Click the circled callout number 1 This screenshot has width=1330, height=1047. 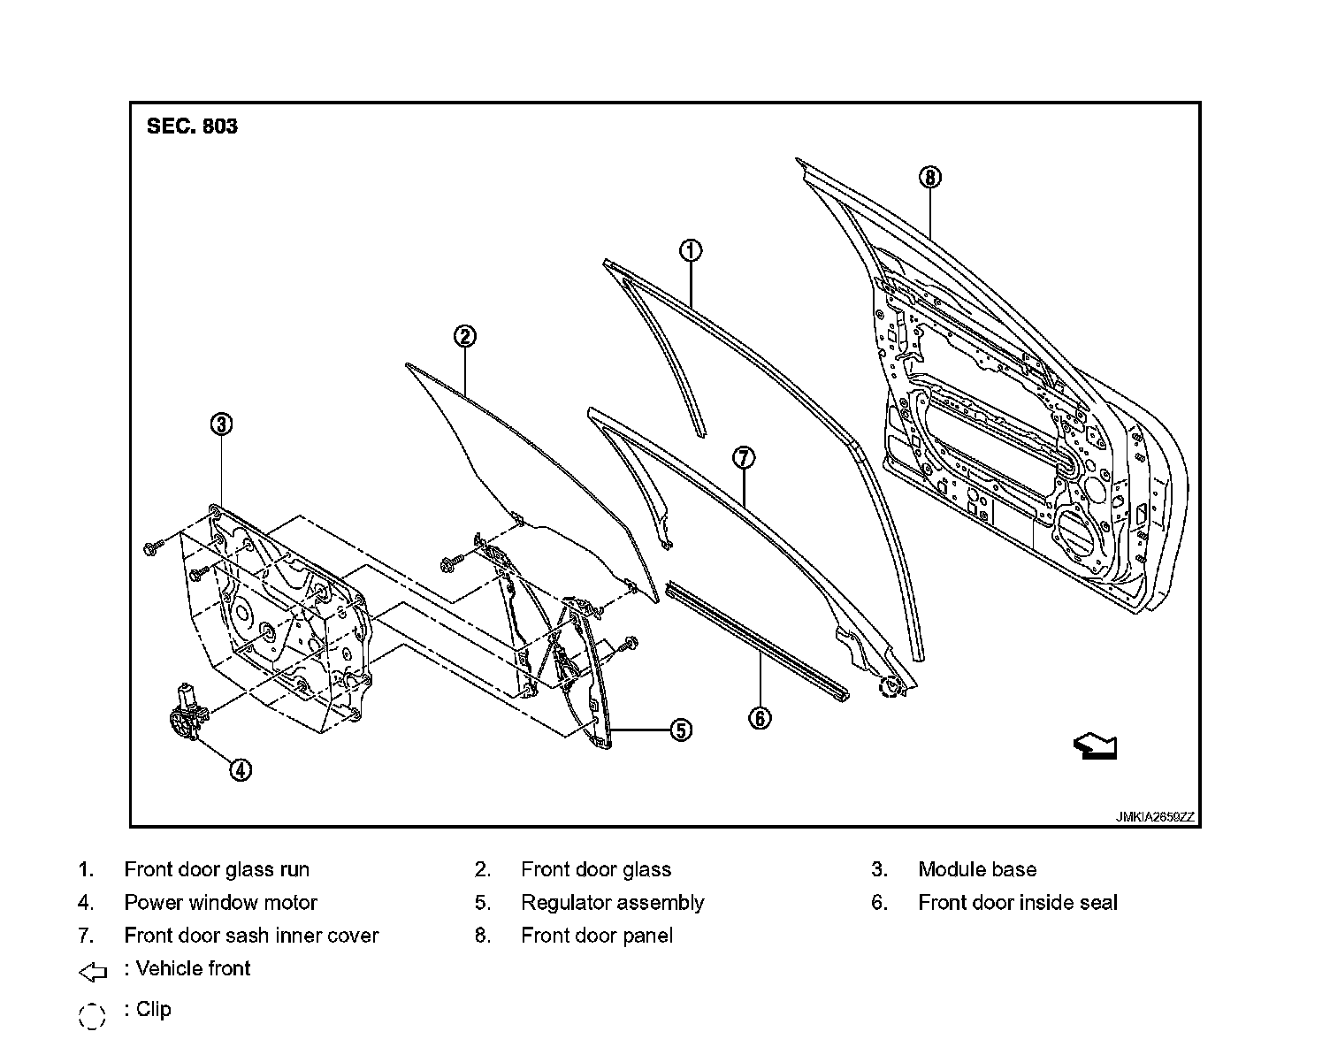691,250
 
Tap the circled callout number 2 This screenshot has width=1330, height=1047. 465,336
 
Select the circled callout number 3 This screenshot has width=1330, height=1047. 221,424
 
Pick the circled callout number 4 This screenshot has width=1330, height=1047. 241,770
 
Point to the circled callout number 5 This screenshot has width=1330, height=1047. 680,730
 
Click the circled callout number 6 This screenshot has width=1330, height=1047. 760,718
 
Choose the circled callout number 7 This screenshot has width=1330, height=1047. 744,457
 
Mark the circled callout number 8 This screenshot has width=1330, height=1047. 930,177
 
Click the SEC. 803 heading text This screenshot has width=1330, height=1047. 192,126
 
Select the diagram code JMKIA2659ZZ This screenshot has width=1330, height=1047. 1154,817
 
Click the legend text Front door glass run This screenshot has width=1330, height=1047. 217,869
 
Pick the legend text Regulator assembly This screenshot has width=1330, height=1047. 612,903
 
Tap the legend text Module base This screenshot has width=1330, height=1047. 977,869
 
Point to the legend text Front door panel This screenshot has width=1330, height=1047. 597,936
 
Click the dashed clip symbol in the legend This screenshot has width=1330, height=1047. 92,1016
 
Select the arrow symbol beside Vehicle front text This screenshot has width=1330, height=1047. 93,973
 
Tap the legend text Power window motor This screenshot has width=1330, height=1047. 220,903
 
